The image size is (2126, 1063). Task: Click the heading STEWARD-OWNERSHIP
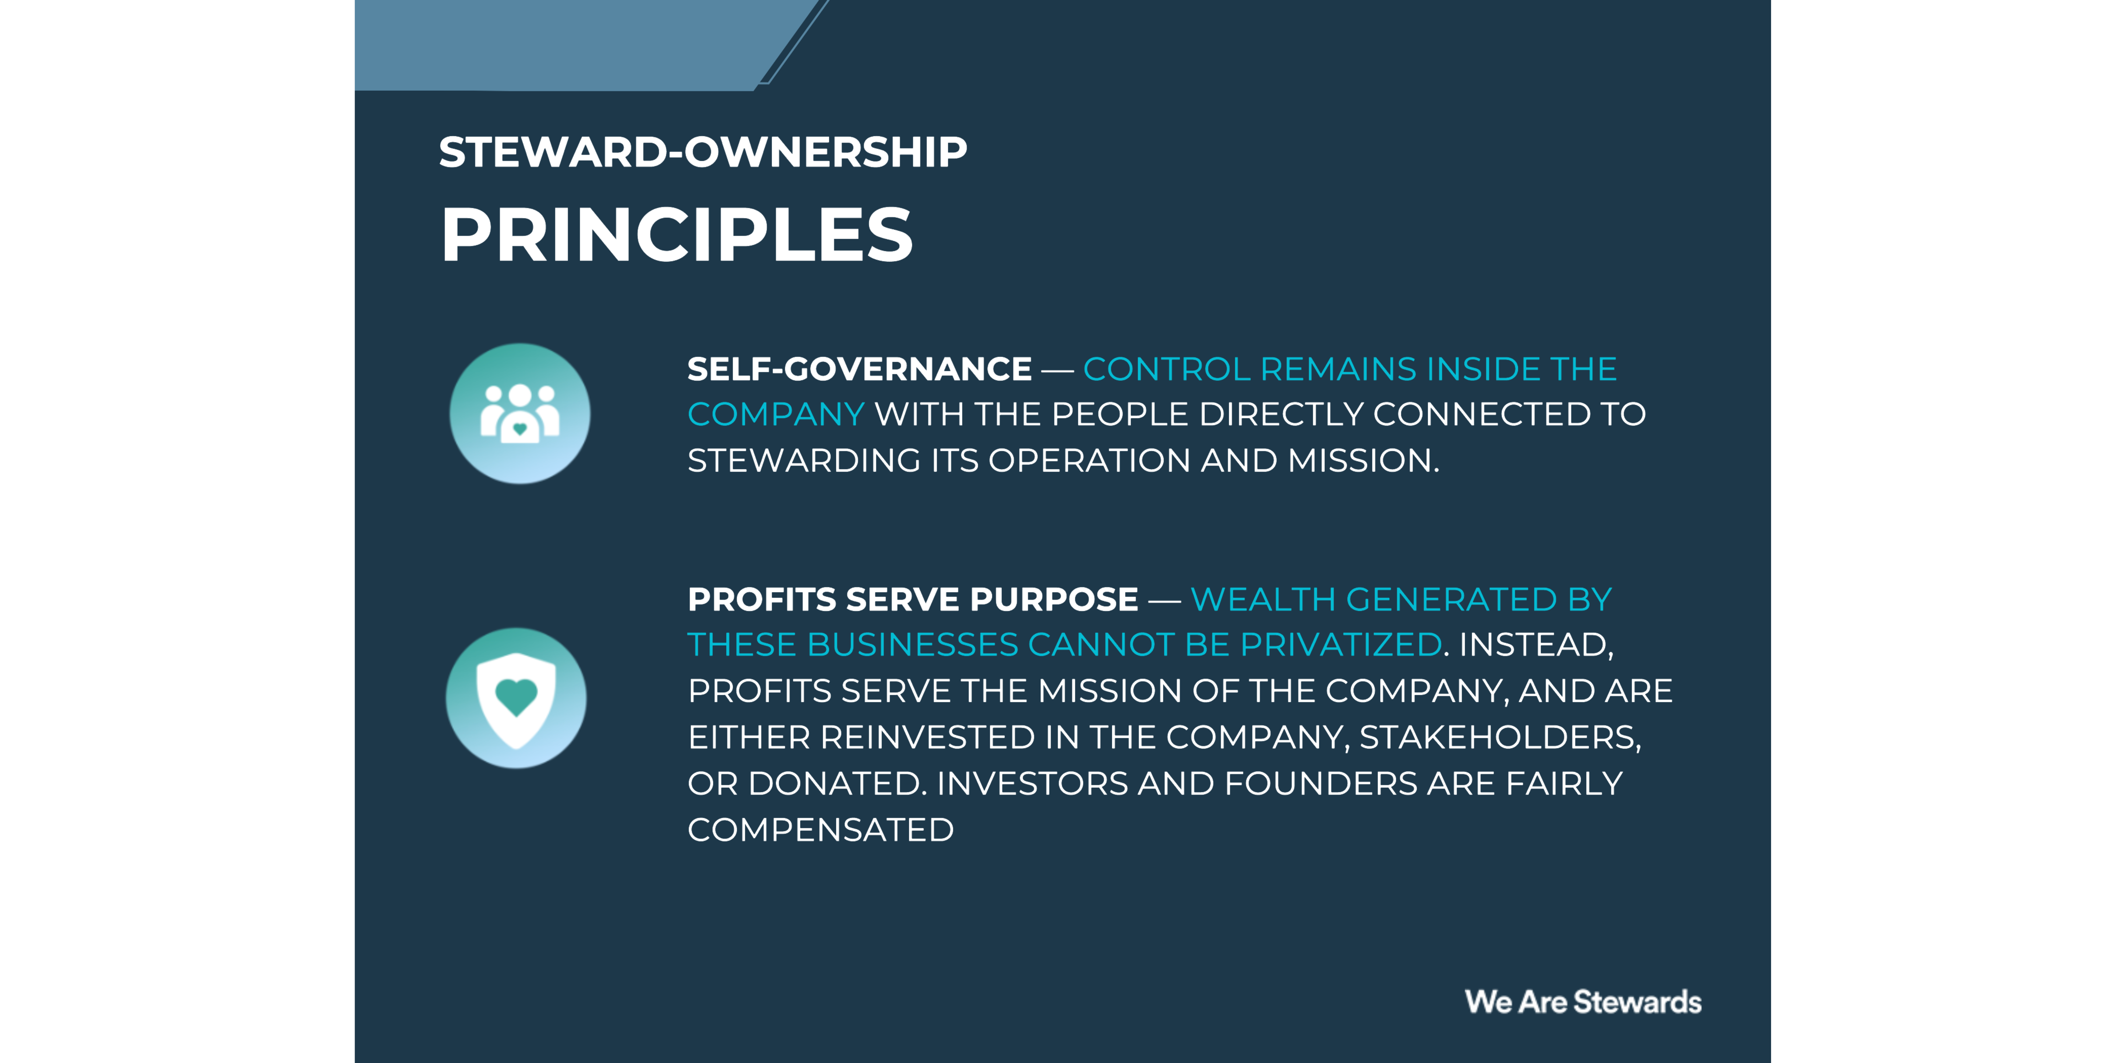pyautogui.click(x=702, y=153)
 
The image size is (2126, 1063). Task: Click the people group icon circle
pyautogui.click(x=520, y=413)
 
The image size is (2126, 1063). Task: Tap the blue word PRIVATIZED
pyautogui.click(x=1341, y=645)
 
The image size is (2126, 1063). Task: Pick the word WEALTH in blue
pyautogui.click(x=1263, y=599)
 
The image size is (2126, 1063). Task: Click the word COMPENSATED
pyautogui.click(x=820, y=830)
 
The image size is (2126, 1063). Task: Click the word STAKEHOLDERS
pyautogui.click(x=1499, y=737)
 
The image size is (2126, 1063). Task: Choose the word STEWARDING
pyautogui.click(x=804, y=460)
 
